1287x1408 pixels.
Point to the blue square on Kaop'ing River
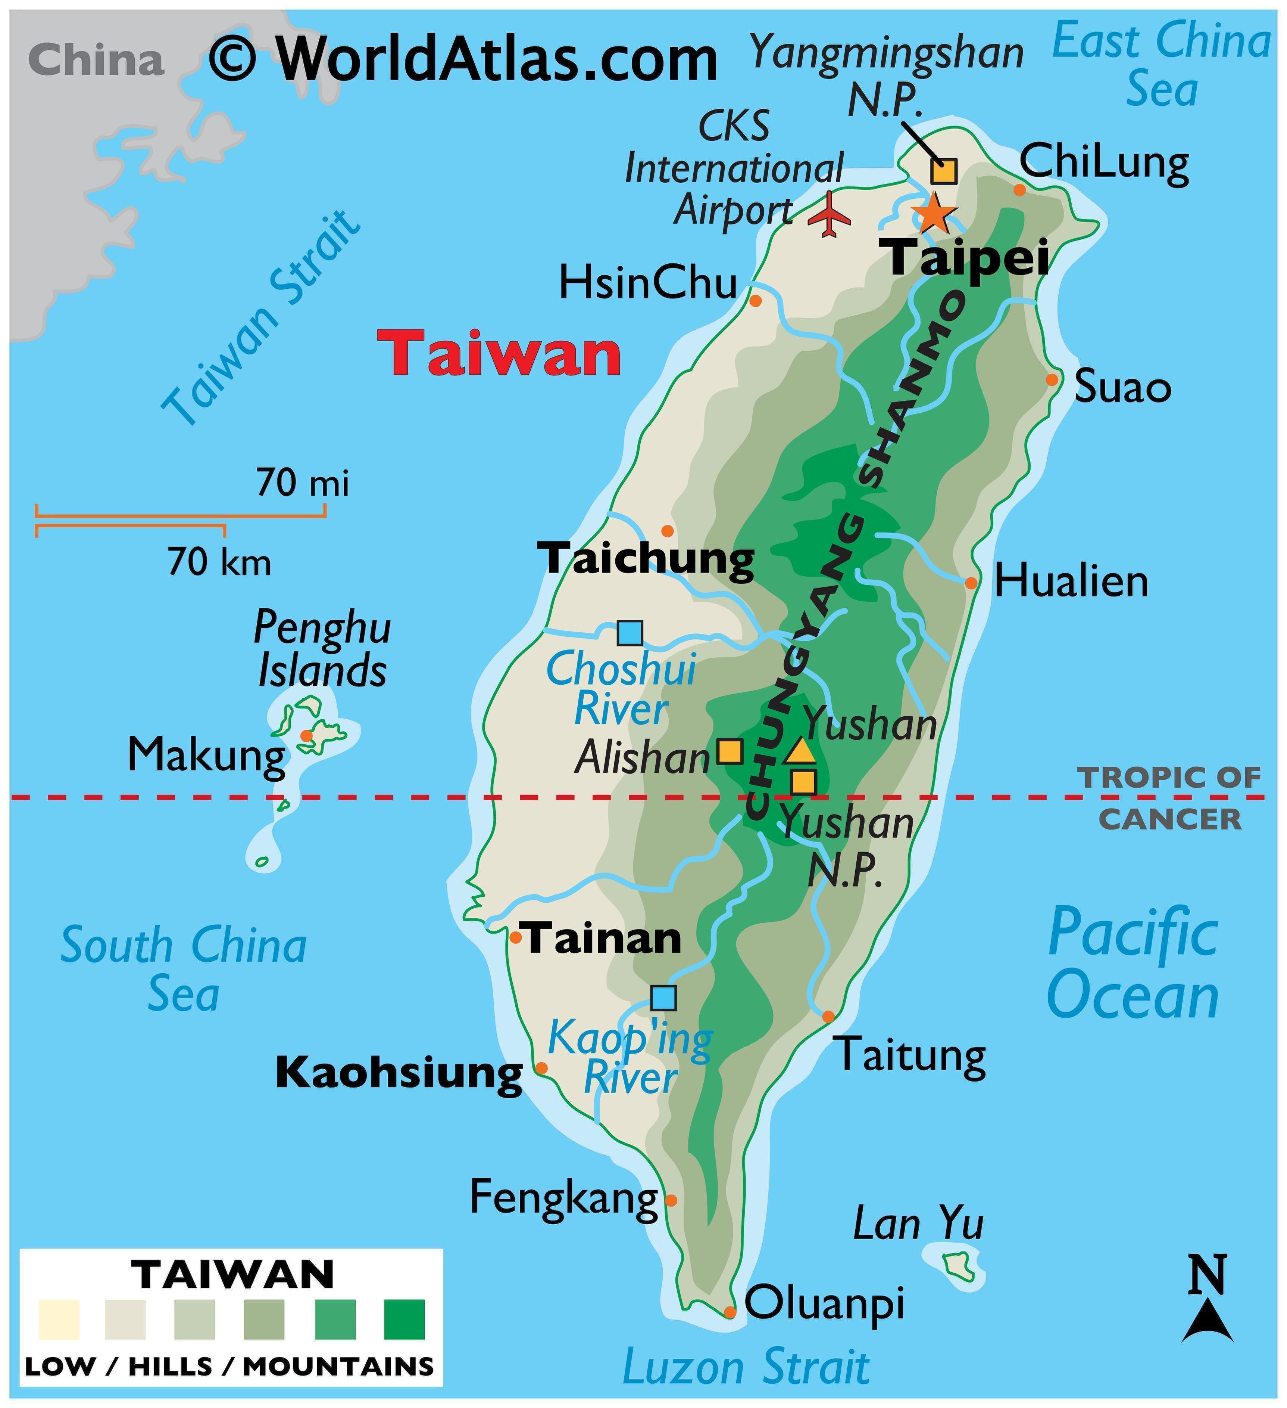tap(663, 998)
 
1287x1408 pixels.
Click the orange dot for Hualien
tap(971, 583)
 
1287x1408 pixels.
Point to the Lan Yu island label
tap(918, 1225)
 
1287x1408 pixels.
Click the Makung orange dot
tap(306, 735)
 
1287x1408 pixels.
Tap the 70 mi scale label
tap(302, 483)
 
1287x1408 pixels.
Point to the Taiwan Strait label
tap(261, 319)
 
